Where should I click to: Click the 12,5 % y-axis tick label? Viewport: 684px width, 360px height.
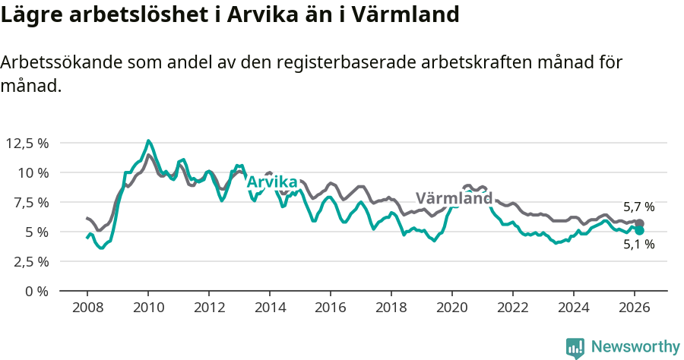point(27,143)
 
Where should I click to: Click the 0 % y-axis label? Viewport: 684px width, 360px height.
point(37,291)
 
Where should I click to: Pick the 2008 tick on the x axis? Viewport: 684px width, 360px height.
point(87,308)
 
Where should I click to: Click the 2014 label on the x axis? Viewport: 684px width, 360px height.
point(270,308)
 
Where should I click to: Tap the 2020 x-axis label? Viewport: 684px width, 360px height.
point(452,308)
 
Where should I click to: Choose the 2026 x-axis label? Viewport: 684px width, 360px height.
point(635,308)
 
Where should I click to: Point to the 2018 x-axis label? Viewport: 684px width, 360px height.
point(391,308)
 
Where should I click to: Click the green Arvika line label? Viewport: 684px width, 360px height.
point(271,182)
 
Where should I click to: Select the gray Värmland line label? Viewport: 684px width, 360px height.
point(454,199)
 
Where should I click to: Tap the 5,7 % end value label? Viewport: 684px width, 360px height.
point(638,207)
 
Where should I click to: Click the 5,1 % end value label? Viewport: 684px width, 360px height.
point(638,245)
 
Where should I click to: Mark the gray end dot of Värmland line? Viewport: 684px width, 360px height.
point(640,223)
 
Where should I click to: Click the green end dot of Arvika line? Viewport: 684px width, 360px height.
point(640,230)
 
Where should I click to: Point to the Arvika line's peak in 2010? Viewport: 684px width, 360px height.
point(149,141)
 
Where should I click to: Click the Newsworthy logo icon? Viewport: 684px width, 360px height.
point(575,347)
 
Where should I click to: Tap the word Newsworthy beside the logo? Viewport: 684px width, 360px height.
point(635,347)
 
